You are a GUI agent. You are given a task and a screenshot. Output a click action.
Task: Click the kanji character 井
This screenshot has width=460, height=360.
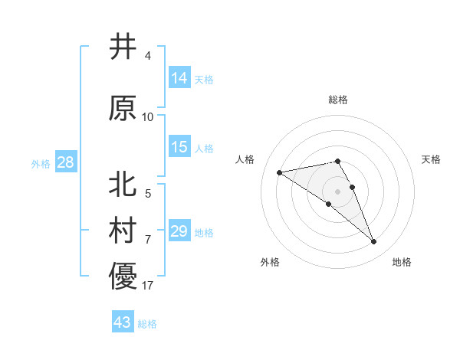pos(123,47)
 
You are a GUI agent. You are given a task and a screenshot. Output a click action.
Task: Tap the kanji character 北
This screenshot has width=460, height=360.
pos(123,185)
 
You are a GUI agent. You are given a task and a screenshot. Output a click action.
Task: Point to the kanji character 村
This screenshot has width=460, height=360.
pos(123,231)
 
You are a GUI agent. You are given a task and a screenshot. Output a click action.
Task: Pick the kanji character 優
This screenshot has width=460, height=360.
pos(123,277)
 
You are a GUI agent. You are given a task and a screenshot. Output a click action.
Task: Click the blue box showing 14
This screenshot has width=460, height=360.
pos(179,78)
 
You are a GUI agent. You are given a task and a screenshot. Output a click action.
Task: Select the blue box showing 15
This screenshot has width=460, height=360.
pos(179,147)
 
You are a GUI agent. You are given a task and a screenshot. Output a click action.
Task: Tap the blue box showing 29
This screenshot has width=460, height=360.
pos(179,231)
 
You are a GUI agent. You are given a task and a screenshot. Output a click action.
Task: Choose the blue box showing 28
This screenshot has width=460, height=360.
pos(65,162)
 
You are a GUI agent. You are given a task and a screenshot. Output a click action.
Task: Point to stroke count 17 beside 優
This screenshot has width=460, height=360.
pos(147,286)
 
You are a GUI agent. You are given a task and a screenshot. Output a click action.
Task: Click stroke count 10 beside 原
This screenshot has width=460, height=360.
pos(147,117)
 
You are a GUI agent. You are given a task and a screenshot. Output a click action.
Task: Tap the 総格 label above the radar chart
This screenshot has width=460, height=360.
pos(338,100)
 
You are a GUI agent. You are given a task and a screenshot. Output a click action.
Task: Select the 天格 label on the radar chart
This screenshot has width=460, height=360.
pos(432,159)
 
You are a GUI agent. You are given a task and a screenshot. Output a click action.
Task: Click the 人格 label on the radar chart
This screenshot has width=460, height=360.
pos(245,159)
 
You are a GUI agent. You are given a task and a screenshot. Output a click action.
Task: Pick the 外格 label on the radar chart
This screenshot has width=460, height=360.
pos(270,262)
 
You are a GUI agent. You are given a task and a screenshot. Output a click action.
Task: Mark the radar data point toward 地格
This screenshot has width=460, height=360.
pos(374,242)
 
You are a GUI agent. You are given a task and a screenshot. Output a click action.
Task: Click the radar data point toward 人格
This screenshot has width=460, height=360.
pos(279,172)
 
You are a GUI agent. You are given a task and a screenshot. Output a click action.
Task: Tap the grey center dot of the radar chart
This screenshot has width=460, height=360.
pos(337,191)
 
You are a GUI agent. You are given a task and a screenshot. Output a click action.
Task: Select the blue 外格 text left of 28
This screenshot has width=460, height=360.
pos(41,163)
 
